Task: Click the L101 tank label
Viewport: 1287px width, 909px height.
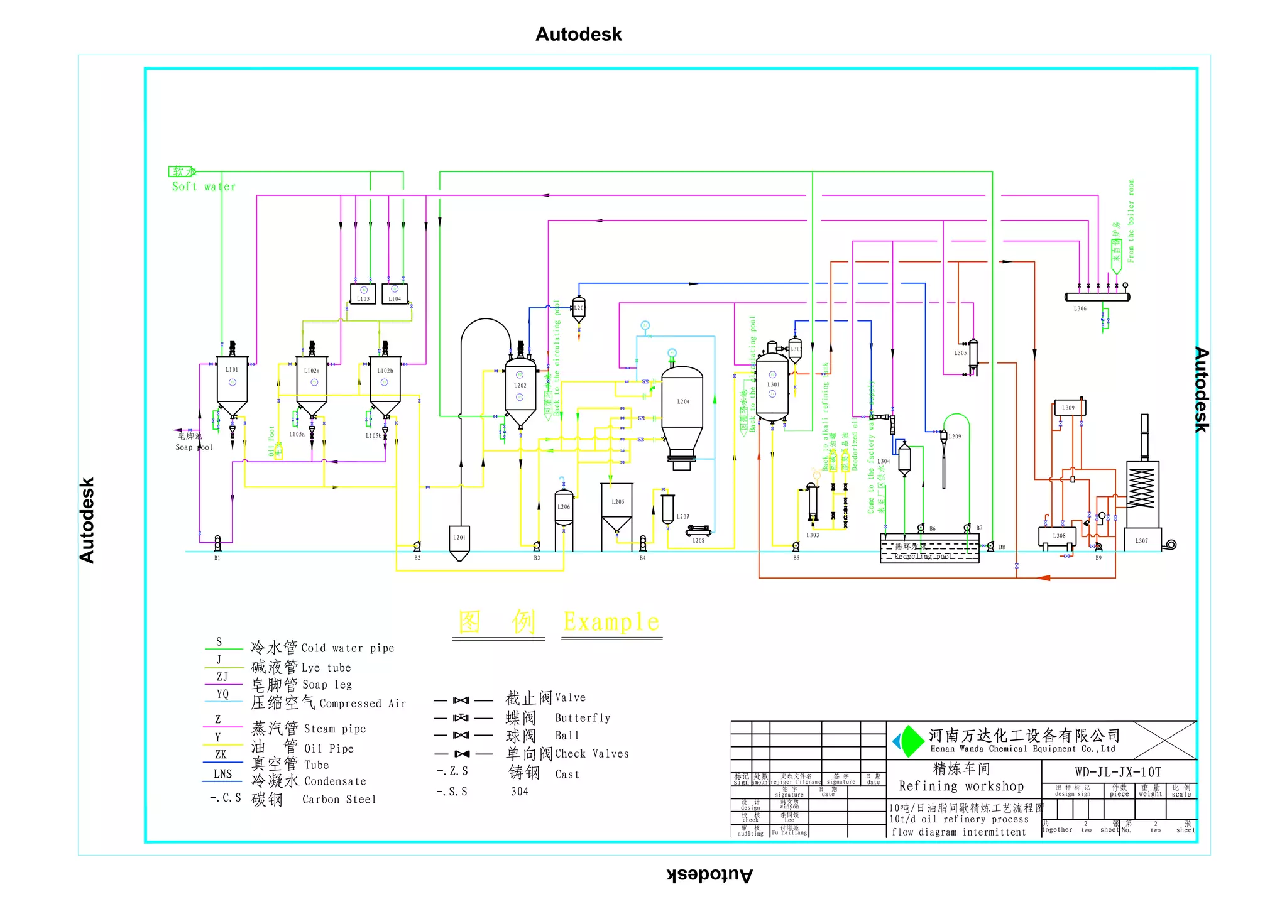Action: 232,370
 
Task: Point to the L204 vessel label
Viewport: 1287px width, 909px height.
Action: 683,401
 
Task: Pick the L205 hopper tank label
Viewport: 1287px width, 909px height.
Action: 618,502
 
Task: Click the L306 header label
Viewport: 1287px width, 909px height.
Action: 1080,308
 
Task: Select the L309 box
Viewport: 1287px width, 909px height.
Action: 1069,408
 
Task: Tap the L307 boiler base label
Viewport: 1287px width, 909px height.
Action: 1142,540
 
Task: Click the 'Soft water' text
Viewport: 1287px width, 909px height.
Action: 204,187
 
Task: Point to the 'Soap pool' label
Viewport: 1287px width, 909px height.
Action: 194,447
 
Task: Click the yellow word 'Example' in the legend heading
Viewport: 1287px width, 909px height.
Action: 611,622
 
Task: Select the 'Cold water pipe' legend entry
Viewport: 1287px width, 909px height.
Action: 348,648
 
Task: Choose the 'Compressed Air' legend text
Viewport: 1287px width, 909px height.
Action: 363,704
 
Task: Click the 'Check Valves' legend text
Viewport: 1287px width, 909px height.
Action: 591,754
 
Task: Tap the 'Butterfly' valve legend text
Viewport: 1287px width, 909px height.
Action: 583,718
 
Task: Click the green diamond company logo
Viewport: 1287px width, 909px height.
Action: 909,741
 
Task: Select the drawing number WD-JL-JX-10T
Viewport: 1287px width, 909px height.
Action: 1117,772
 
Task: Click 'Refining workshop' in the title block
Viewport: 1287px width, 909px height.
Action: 961,787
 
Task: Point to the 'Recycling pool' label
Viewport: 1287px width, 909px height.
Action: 924,557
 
